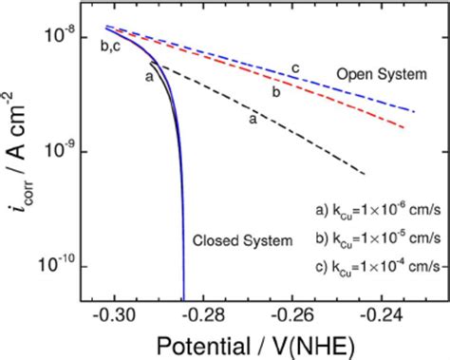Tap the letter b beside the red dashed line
coord(275,92)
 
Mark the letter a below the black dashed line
coord(253,121)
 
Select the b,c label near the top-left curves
coord(109,45)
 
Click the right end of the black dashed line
coord(366,174)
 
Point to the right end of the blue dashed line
coord(413,111)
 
